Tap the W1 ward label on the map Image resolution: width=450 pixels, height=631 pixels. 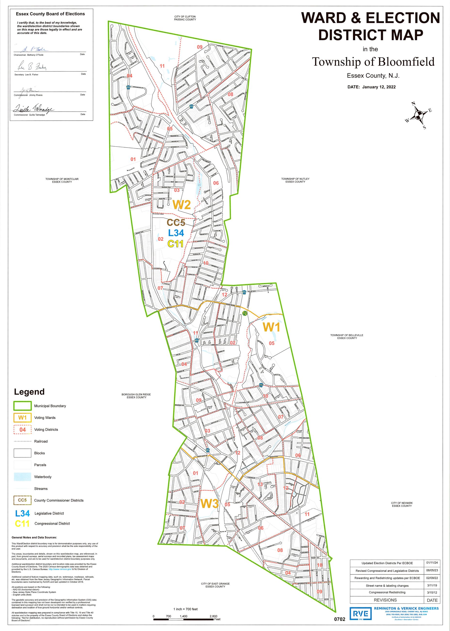pyautogui.click(x=271, y=327)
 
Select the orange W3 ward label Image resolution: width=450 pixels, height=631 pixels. pyautogui.click(x=209, y=503)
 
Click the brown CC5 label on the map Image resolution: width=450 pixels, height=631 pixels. pyautogui.click(x=176, y=223)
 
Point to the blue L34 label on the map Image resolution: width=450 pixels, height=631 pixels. pyautogui.click(x=176, y=233)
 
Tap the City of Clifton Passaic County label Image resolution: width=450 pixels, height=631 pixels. pyautogui.click(x=185, y=18)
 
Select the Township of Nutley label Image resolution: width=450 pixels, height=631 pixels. pyautogui.click(x=295, y=180)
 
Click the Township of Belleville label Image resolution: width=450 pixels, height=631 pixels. pyautogui.click(x=347, y=336)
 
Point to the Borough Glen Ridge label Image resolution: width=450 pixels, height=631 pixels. pyautogui.click(x=136, y=396)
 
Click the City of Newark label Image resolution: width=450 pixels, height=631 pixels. pyautogui.click(x=402, y=504)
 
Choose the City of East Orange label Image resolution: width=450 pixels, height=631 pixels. pyautogui.click(x=215, y=585)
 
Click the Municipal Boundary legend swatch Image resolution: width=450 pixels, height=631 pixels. pyautogui.click(x=23, y=406)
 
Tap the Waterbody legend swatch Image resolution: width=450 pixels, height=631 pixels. pyautogui.click(x=23, y=477)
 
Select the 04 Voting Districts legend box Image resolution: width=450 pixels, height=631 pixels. pyautogui.click(x=23, y=430)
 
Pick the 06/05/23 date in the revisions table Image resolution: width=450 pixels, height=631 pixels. pyautogui.click(x=432, y=571)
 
